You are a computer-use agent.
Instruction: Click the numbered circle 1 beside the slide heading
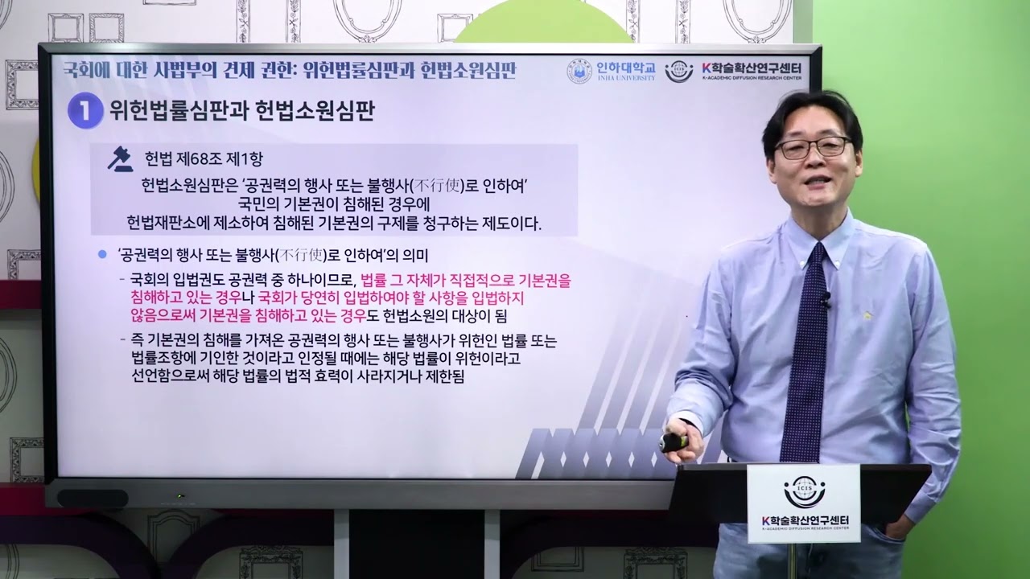85,111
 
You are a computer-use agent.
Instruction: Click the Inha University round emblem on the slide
579,71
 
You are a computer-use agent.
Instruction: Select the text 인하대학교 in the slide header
627,68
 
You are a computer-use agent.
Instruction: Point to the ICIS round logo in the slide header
679,72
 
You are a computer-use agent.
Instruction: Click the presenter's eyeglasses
813,148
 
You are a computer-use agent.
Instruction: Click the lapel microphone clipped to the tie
823,298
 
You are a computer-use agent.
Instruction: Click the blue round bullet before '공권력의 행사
102,254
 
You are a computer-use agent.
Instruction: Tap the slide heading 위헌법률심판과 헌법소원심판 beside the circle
242,111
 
